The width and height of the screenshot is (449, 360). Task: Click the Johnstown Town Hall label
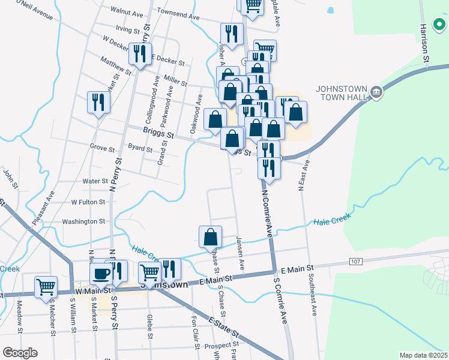[x=342, y=93]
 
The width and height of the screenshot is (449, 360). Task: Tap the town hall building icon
[x=376, y=92]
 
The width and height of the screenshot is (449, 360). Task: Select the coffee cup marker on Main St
[x=101, y=274]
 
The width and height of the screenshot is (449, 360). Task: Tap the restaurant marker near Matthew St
[x=140, y=55]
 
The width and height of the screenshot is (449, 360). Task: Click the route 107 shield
[x=355, y=262]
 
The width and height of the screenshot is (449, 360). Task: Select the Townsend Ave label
[x=178, y=14]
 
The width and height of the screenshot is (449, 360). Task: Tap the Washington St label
[x=84, y=221]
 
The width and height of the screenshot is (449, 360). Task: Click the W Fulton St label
[x=88, y=202]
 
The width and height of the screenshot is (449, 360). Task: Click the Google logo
[x=20, y=353]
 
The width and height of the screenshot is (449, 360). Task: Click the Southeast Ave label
[x=313, y=293]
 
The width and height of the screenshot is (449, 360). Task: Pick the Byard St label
[x=140, y=147]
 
